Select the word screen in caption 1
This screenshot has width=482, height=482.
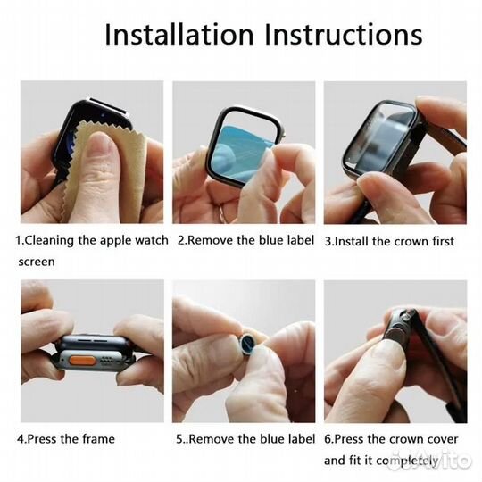tap(37, 262)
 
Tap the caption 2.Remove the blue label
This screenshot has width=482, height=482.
tap(245, 241)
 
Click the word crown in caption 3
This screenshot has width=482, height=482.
tap(412, 241)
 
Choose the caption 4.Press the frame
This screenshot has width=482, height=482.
tap(65, 439)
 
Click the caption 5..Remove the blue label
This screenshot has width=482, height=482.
tap(245, 439)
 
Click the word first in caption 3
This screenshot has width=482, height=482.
tap(444, 241)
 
